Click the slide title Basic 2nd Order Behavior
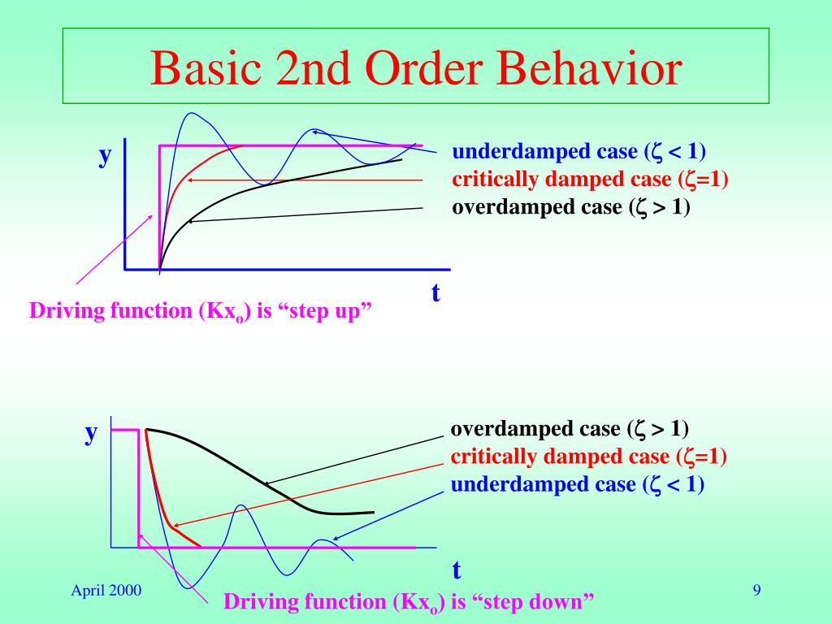coord(415,68)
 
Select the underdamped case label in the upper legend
coord(579,152)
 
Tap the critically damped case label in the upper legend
coord(590,180)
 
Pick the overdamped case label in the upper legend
coord(571,207)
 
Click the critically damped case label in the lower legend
coord(588,456)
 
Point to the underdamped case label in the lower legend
coord(578,484)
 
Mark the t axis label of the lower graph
coord(457,570)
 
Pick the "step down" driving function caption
coord(409,602)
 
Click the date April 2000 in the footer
coord(106,591)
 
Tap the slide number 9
coord(756,591)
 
